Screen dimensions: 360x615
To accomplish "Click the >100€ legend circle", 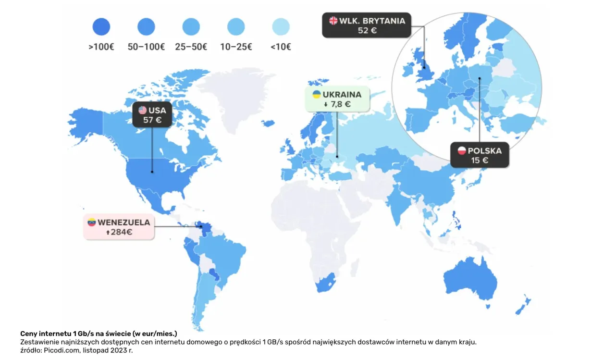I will pos(101,27).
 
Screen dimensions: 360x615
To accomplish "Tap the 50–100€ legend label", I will pos(146,47).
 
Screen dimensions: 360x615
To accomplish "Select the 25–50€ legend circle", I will pos(191,27).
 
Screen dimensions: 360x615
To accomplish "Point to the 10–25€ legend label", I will pos(236,47).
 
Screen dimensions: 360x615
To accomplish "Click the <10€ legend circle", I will pos(281,27).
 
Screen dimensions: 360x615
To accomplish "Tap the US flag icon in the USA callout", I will pos(143,110).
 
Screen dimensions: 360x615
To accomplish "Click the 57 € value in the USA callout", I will pos(152,120).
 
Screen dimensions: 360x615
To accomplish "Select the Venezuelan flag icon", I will pos(91,223).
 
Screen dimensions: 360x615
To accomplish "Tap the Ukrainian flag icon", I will pos(317,94).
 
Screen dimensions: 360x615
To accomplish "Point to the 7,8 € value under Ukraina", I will pos(340,104).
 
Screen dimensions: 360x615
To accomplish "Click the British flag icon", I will pos(333,21).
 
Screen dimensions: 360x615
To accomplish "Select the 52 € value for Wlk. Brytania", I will pos(367,30).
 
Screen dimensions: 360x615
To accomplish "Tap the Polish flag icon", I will pos(462,151).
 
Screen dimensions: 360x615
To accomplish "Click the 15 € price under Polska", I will pos(480,161).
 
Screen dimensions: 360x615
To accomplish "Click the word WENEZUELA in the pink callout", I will pos(124,223).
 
